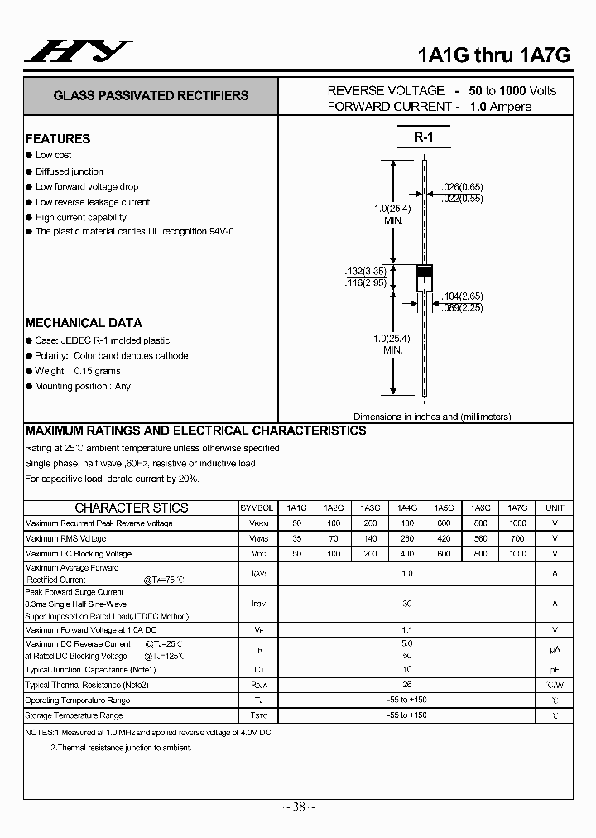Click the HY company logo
[x=77, y=51]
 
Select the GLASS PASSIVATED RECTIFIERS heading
[x=151, y=95]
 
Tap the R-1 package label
[x=424, y=137]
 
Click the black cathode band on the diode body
[x=424, y=271]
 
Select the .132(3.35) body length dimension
[x=365, y=272]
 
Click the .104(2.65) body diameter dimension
[x=461, y=296]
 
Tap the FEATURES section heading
[x=58, y=139]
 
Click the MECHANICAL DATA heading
[x=84, y=323]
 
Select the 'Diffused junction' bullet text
[x=70, y=171]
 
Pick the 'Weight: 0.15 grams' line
[x=78, y=371]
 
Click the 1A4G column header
[x=406, y=508]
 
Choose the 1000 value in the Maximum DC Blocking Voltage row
[x=517, y=553]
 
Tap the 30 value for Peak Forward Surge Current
[x=406, y=604]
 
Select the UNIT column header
[x=555, y=508]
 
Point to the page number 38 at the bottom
[x=299, y=807]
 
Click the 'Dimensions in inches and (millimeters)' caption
[x=432, y=417]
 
